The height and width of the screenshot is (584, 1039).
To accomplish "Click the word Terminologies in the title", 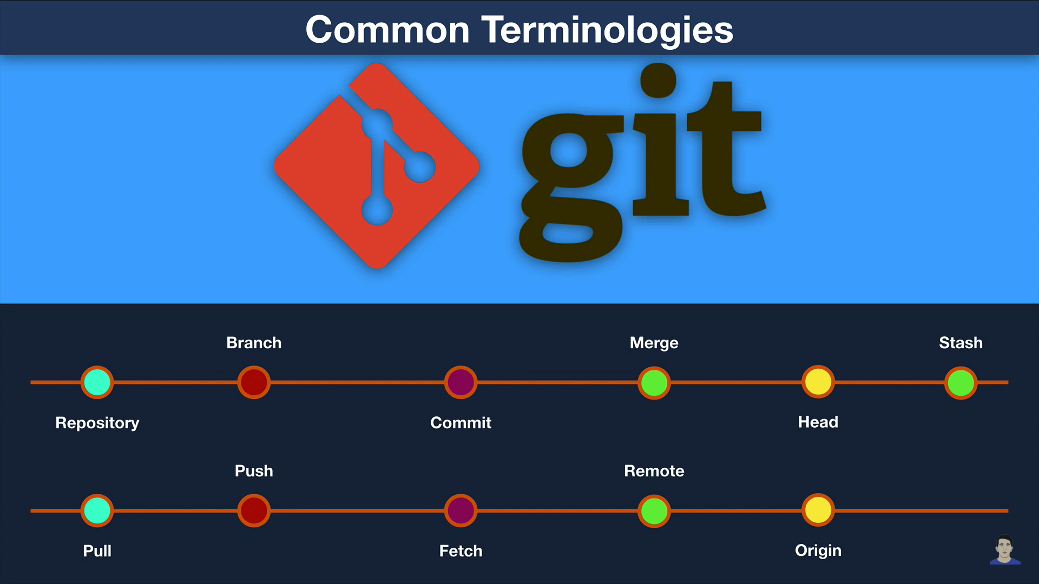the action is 607,31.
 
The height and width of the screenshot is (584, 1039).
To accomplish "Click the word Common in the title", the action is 387,30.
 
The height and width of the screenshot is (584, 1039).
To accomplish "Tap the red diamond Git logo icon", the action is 377,166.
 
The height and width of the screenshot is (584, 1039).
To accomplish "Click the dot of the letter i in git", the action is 659,81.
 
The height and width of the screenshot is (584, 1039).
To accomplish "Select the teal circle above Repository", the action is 97,382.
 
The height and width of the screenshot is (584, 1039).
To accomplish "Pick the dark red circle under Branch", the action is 254,382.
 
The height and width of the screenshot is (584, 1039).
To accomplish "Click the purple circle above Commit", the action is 461,382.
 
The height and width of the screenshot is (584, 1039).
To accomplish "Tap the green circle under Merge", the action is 654,383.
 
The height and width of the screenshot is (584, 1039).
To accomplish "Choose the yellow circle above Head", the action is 818,382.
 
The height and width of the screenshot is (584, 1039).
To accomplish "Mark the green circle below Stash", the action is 961,383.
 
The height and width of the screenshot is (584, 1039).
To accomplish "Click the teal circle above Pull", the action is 97,510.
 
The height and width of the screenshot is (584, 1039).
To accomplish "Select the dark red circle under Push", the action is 254,510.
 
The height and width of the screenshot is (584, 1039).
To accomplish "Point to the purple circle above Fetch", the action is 461,510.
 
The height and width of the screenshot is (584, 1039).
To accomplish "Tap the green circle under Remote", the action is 654,511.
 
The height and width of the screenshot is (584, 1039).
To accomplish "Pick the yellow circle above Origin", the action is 818,510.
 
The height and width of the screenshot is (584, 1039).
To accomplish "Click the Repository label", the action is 97,423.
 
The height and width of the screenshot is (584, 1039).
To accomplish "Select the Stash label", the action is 961,343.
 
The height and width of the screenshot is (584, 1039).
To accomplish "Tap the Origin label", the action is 818,551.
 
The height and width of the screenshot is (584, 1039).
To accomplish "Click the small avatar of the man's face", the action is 1005,550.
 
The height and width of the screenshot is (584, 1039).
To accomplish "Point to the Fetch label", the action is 461,551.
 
